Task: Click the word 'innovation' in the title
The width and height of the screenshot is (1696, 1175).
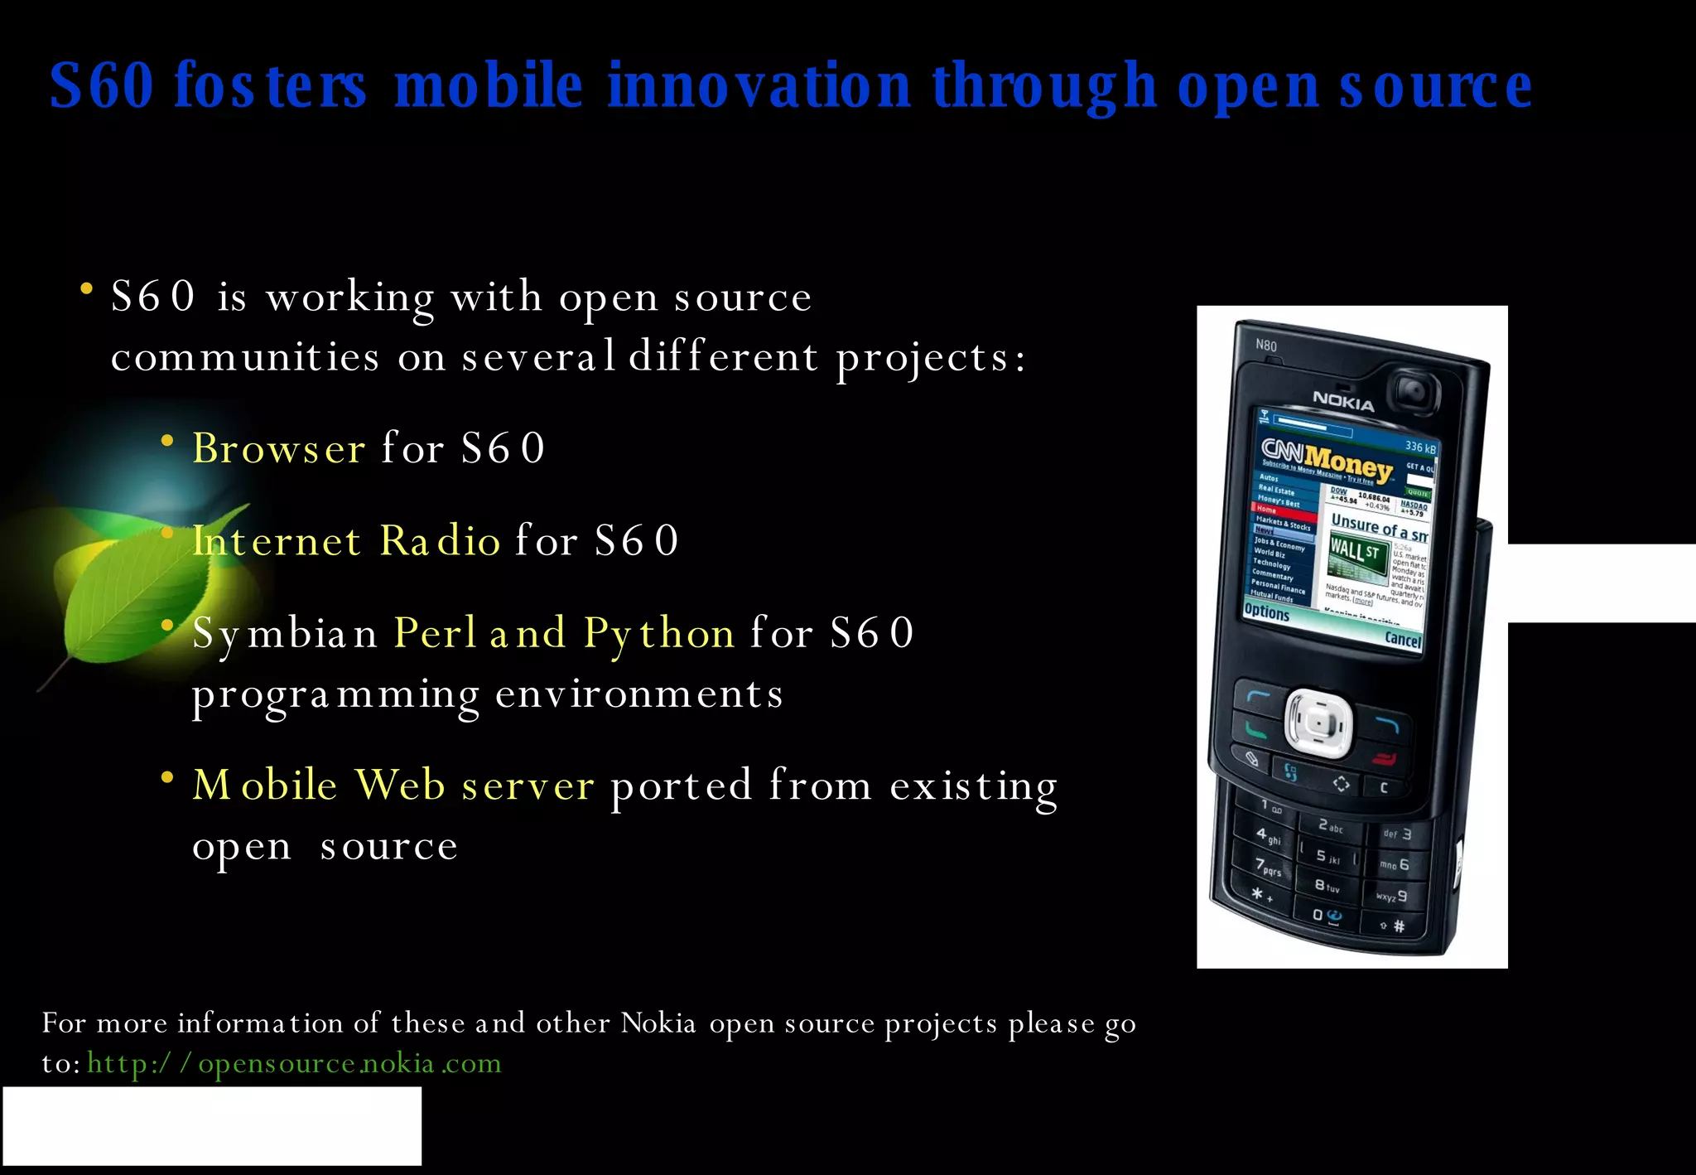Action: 758,85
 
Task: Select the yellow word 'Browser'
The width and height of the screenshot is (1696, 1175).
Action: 278,448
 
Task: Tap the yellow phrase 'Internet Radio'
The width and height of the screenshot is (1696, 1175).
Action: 346,541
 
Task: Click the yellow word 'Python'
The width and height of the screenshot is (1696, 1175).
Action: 658,634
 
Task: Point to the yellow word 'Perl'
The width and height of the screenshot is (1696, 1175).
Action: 434,633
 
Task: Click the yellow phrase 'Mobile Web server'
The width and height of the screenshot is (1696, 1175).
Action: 393,785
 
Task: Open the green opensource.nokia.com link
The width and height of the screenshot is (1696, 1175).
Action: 294,1063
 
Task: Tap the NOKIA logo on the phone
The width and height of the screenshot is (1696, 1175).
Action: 1343,401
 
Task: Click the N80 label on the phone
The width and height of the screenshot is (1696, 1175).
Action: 1266,345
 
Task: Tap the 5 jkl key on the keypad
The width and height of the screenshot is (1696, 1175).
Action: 1327,856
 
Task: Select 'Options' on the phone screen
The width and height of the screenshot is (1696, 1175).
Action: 1267,612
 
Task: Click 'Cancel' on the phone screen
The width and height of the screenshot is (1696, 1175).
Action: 1403,639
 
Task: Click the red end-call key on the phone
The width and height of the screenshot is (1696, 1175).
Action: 1384,758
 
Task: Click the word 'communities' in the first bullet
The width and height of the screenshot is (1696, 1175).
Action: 245,358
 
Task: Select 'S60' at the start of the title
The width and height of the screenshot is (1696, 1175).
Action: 102,85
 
